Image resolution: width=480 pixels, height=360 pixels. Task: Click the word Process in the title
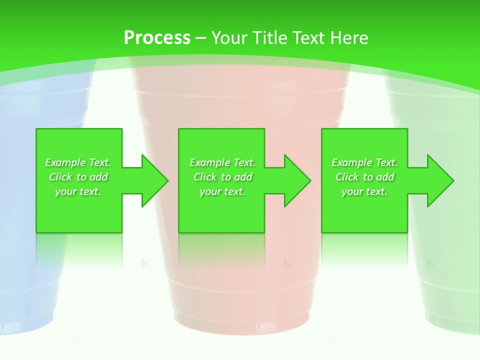[x=157, y=38]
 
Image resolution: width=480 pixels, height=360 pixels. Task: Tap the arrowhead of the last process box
[x=439, y=180]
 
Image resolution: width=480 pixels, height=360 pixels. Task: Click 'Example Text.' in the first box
[x=78, y=162]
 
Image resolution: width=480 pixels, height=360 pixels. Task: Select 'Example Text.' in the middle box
[x=222, y=162]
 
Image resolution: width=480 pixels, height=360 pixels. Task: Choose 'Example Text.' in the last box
[x=364, y=162]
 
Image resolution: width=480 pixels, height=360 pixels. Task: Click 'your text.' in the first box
[x=78, y=191]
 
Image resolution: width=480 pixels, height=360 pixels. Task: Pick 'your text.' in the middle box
[x=222, y=191]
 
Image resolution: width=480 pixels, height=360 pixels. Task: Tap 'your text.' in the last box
[x=364, y=191]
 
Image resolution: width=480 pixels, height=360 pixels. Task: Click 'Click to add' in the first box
[x=78, y=177]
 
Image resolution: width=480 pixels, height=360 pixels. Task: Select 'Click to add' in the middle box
[x=222, y=177]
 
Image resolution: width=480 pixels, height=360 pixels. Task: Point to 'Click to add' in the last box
[x=364, y=177]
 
